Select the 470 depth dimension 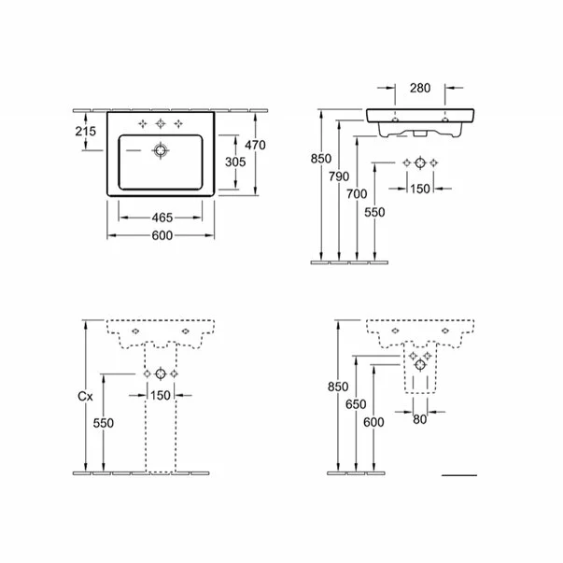pyautogui.click(x=255, y=145)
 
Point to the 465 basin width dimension pyautogui.click(x=162, y=217)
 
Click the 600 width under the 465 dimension pyautogui.click(x=162, y=236)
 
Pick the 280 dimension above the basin pyautogui.click(x=419, y=90)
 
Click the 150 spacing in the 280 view pyautogui.click(x=419, y=189)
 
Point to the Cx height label pyautogui.click(x=86, y=397)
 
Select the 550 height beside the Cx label pyautogui.click(x=104, y=423)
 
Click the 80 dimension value pyautogui.click(x=419, y=419)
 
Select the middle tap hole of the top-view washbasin pyautogui.click(x=162, y=123)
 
